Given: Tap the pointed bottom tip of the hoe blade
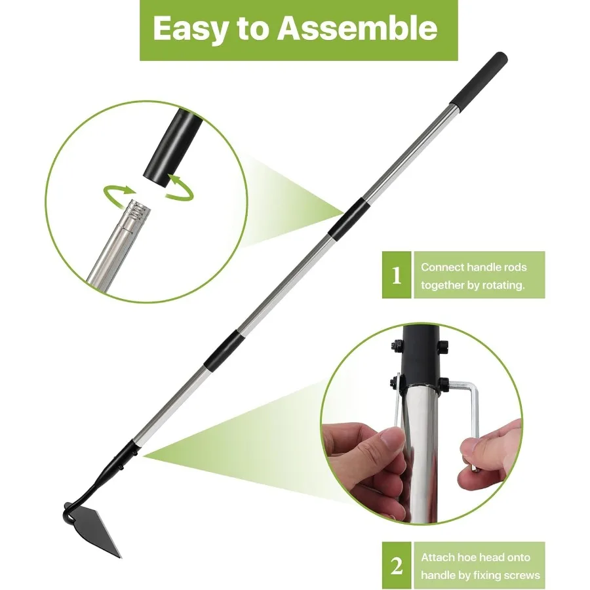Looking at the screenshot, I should pos(120,555).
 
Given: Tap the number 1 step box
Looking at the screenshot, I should pos(396,276).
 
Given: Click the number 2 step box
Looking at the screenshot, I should pos(396,565).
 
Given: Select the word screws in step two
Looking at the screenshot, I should pos(522,576).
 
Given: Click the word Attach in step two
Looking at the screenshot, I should pos(437,557).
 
